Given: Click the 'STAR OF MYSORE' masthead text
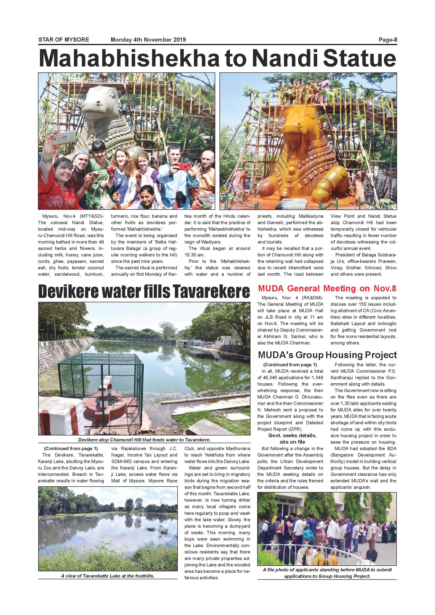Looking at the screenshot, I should coord(64,40).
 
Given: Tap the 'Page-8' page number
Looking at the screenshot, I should coord(388,40).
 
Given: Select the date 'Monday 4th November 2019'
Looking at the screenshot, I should coord(148,40).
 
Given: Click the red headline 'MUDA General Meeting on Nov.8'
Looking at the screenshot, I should coord(327,288).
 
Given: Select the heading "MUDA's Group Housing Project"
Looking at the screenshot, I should coord(327,355).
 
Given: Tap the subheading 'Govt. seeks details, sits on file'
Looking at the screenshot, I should coord(292,439).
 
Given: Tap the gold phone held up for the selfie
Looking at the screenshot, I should coord(63,137).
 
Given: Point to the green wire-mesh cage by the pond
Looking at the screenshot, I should coord(100,381).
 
